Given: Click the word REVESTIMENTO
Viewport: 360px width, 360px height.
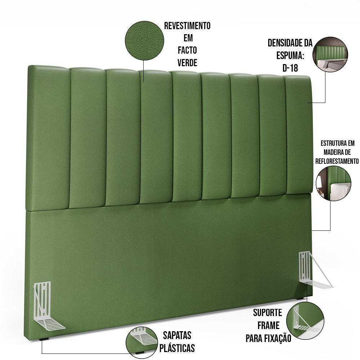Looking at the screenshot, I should pyautogui.click(x=187, y=26).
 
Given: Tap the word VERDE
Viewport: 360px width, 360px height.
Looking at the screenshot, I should pyautogui.click(x=187, y=63).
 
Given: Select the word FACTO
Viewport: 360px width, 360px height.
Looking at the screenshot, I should pyautogui.click(x=187, y=50).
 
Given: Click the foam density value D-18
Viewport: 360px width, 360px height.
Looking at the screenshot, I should pyautogui.click(x=290, y=68).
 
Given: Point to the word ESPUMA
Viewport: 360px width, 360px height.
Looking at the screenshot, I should pyautogui.click(x=290, y=56).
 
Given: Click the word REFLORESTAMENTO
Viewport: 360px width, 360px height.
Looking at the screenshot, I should pyautogui.click(x=337, y=161).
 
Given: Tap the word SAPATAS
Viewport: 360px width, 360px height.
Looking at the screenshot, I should pyautogui.click(x=177, y=336).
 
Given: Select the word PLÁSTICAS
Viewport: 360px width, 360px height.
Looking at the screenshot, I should pyautogui.click(x=177, y=348).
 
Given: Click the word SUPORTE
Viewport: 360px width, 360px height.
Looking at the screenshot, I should pyautogui.click(x=267, y=312).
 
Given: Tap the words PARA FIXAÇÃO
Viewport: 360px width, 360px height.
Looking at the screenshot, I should pyautogui.click(x=268, y=338).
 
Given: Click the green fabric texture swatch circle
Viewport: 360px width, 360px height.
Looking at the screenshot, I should pyautogui.click(x=144, y=40).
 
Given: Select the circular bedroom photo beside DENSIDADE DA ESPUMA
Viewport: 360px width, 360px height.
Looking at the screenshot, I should pyautogui.click(x=332, y=53).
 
